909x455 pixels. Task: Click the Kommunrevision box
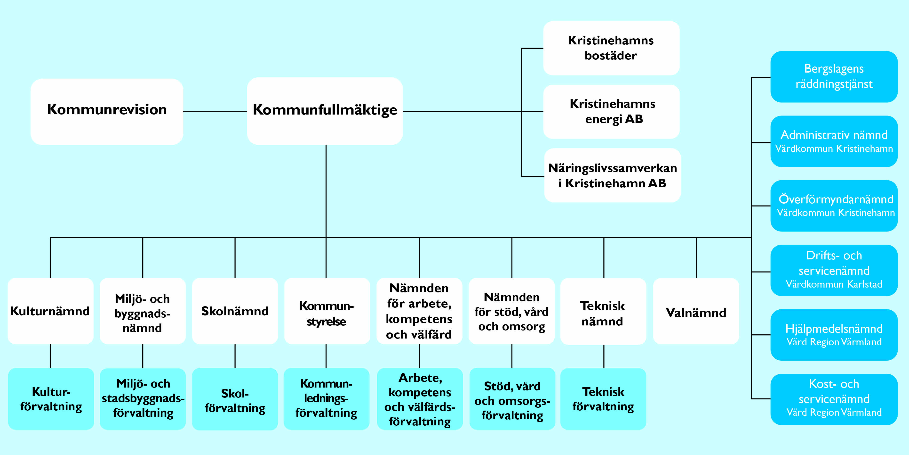(x=107, y=112)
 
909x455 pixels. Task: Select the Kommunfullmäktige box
(x=325, y=111)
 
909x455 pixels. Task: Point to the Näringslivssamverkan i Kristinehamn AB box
(x=612, y=175)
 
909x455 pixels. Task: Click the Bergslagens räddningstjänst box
(x=834, y=77)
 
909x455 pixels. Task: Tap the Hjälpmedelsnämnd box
(x=834, y=335)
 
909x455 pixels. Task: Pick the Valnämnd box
(x=696, y=311)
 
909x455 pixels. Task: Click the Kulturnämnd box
(x=50, y=311)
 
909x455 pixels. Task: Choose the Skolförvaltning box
(x=235, y=399)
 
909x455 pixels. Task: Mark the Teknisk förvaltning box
(x=603, y=399)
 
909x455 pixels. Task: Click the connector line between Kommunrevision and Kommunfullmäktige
(x=215, y=112)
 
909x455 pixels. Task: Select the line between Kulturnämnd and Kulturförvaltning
(x=50, y=356)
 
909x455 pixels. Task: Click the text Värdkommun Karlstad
(x=834, y=284)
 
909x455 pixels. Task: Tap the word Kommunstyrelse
(x=327, y=313)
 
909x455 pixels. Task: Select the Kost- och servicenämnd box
(x=834, y=399)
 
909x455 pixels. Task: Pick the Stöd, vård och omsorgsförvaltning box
(x=512, y=399)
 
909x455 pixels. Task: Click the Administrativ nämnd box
(x=834, y=141)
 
